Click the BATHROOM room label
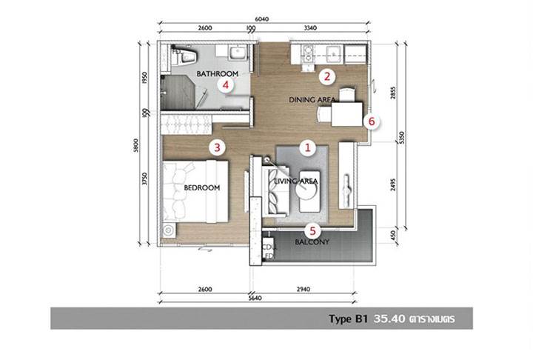(217, 73)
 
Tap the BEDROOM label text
(202, 187)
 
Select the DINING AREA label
(312, 100)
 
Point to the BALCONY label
(312, 242)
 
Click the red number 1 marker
(308, 147)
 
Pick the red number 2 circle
(327, 76)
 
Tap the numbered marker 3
(217, 147)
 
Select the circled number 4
(226, 84)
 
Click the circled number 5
(312, 231)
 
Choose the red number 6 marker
(372, 121)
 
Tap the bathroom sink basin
(238, 53)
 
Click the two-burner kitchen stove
(308, 54)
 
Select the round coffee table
(306, 187)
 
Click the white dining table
(347, 114)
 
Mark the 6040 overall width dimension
(262, 19)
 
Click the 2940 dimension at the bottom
(304, 289)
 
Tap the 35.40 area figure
(389, 319)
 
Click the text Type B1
(349, 319)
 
